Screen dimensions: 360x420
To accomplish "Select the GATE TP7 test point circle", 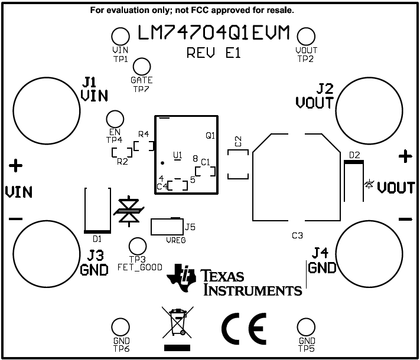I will click(142, 67).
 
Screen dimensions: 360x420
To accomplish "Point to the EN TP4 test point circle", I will click(115, 119).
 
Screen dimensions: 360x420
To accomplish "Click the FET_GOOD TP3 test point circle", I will click(137, 246).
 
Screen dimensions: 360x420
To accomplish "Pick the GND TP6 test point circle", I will click(121, 328).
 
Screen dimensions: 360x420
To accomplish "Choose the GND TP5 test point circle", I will click(306, 328).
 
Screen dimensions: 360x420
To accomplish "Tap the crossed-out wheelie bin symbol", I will click(178, 323).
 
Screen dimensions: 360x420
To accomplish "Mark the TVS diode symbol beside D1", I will click(128, 211).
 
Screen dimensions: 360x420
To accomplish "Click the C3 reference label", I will click(297, 235).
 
